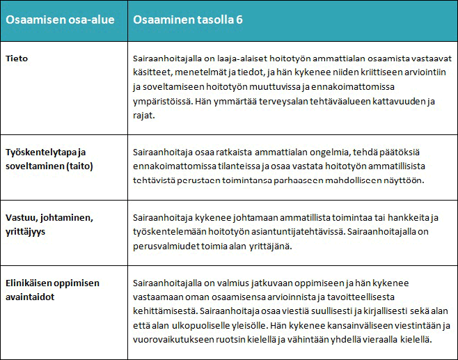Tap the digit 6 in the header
tap(239, 19)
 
